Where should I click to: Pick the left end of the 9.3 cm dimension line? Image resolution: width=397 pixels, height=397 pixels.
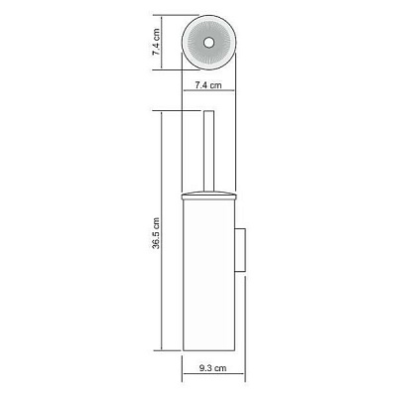point(183,378)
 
